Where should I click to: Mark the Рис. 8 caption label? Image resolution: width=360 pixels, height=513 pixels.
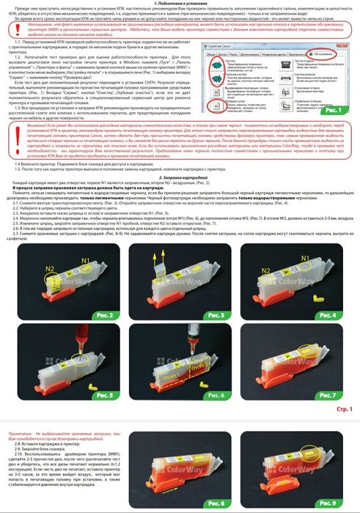pos(221,504)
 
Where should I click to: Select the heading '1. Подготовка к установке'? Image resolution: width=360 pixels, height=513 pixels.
pos(180,4)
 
